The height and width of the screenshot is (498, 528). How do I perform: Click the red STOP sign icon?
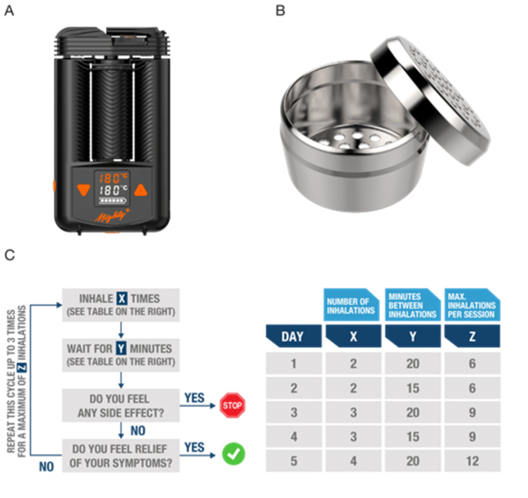pyautogui.click(x=232, y=405)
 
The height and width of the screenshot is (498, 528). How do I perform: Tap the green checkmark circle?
pyautogui.click(x=233, y=454)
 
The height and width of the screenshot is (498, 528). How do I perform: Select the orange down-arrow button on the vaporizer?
pyautogui.click(x=84, y=189)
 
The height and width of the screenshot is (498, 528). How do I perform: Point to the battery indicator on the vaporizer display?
pyautogui.click(x=113, y=200)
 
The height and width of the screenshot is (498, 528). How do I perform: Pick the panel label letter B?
pyautogui.click(x=280, y=11)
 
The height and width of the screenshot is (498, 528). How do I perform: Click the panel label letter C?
pyautogui.click(x=9, y=255)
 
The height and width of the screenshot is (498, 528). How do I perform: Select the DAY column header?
pyautogui.click(x=293, y=336)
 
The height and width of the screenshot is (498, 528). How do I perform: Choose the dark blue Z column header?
pyautogui.click(x=473, y=336)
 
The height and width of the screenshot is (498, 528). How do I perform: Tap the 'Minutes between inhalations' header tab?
pyautogui.click(x=412, y=305)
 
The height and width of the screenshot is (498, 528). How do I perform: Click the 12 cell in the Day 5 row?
pyautogui.click(x=473, y=461)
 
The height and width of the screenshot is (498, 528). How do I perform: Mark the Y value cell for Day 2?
pyautogui.click(x=413, y=388)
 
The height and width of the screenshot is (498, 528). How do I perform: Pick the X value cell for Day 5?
pyautogui.click(x=353, y=461)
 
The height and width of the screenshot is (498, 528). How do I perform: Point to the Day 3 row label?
pyautogui.click(x=294, y=412)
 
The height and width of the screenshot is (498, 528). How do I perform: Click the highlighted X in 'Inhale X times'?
pyautogui.click(x=122, y=299)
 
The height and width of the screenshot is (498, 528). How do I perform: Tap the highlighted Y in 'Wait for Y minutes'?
pyautogui.click(x=121, y=348)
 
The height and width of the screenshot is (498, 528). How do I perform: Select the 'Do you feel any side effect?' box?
pyautogui.click(x=121, y=405)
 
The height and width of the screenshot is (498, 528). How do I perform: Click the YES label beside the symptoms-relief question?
pyautogui.click(x=194, y=447)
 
